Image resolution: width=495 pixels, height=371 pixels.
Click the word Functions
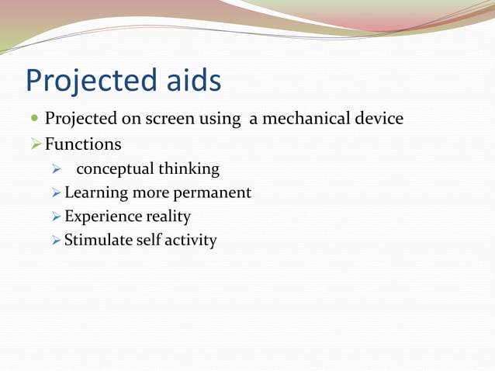[83, 144]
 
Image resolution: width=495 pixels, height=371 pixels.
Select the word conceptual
[115, 169]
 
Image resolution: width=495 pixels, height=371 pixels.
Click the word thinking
[189, 169]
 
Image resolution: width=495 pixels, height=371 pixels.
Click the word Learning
[95, 192]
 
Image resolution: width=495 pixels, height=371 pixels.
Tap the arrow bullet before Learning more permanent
[57, 192]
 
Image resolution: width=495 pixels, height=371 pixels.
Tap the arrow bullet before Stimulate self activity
[57, 240]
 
